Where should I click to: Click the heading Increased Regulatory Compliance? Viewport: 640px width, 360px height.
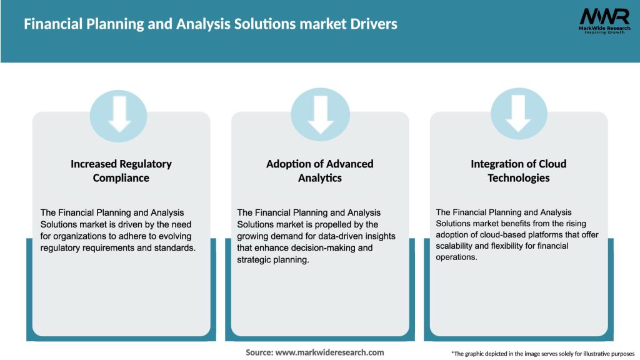click(x=121, y=171)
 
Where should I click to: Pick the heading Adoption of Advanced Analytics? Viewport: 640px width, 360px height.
click(x=320, y=171)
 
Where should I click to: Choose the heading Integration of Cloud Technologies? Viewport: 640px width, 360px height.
click(x=518, y=171)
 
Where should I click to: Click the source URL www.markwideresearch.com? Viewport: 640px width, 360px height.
click(x=329, y=352)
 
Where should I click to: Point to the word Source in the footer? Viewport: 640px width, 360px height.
click(x=259, y=352)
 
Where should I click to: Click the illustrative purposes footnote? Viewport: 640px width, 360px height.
click(x=542, y=354)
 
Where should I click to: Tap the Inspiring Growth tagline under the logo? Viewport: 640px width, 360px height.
click(x=603, y=32)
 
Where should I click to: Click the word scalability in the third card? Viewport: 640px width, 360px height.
click(x=457, y=246)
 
